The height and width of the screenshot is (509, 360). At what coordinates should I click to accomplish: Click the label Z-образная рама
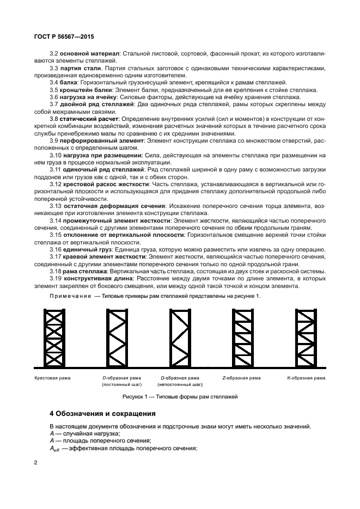pyautogui.click(x=241, y=377)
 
